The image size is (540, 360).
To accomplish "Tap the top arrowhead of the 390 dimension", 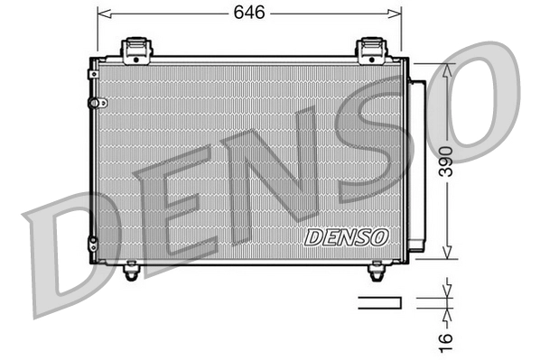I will [x=444, y=68].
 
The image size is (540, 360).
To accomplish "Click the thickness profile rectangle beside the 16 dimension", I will [x=379, y=302].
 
